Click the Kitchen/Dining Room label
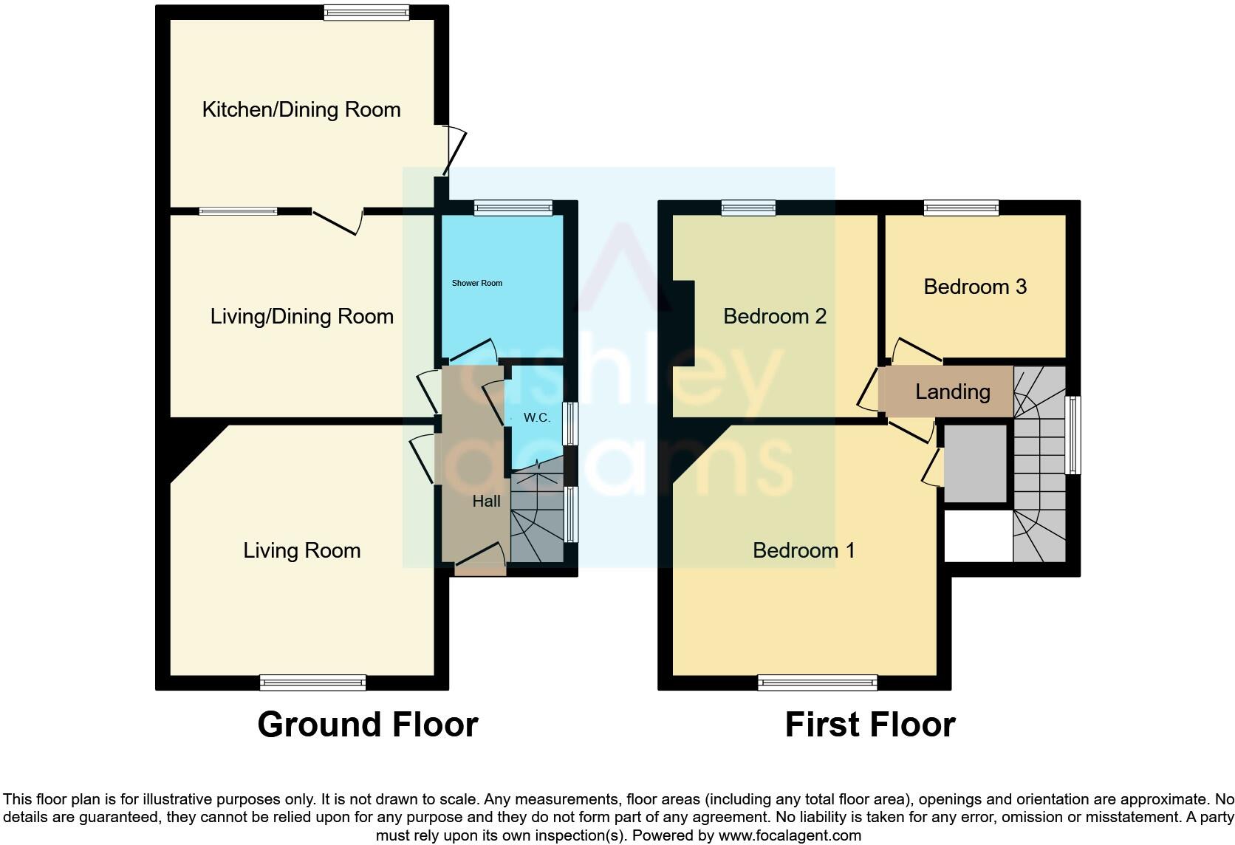[301, 110]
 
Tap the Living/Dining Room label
[301, 317]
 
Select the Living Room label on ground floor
[301, 550]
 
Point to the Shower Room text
[476, 283]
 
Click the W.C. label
[536, 418]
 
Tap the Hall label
[486, 502]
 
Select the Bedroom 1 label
[803, 550]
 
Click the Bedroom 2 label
[774, 317]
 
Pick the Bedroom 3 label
[974, 287]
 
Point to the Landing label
[952, 391]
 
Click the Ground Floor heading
[367, 725]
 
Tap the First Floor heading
[869, 725]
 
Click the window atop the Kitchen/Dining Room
[366, 13]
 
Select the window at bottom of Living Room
[312, 682]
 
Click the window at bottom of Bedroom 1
[817, 682]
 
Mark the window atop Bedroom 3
[961, 208]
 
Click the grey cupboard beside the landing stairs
[975, 464]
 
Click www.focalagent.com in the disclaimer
[790, 836]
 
